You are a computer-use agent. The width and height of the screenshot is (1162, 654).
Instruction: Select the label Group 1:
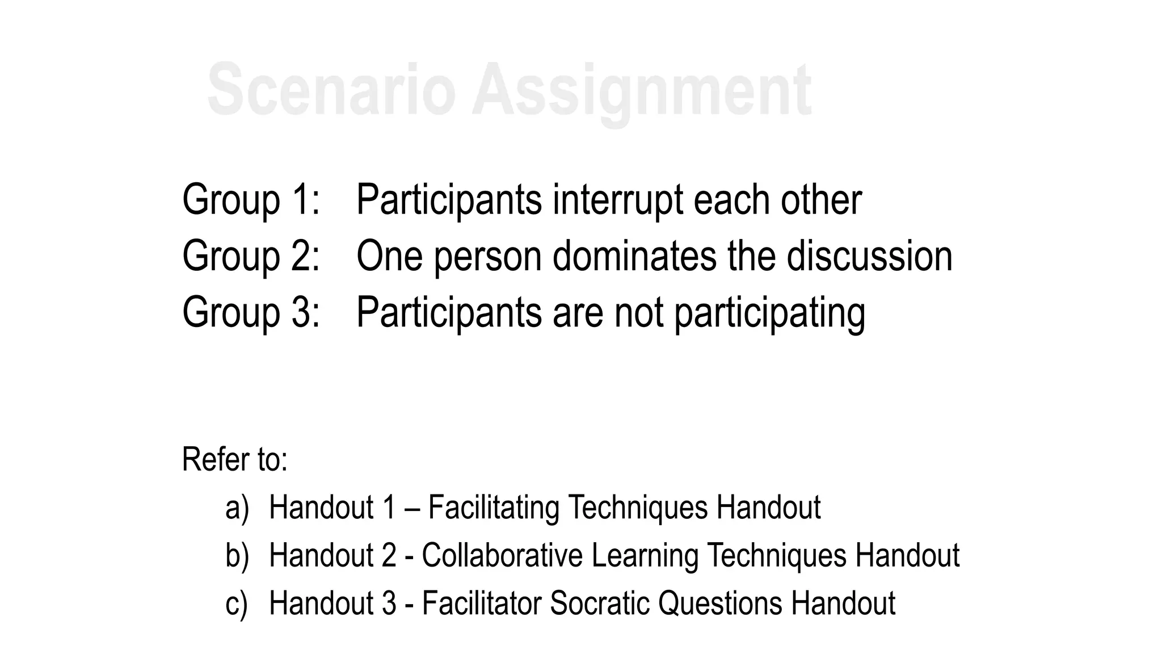251,200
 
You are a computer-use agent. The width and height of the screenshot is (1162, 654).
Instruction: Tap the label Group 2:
251,256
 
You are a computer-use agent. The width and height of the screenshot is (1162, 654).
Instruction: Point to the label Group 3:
251,312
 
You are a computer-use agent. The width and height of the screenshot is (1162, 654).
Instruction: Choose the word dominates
634,256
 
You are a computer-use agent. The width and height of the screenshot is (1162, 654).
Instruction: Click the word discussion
869,256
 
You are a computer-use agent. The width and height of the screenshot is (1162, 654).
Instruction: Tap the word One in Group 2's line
389,256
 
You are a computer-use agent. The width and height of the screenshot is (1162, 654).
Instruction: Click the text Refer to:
234,459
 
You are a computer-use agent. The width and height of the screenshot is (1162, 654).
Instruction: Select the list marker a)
237,508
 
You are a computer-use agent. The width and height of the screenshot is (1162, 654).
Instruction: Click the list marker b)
237,555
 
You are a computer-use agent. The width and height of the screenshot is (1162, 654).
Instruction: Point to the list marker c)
236,603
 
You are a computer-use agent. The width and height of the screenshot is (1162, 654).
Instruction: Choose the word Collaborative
502,555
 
